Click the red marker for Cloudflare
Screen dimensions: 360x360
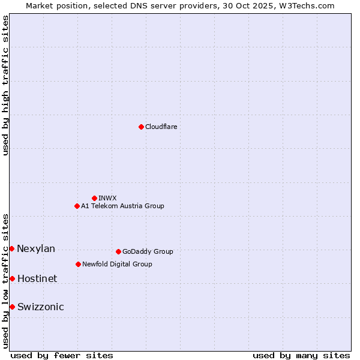(141, 127)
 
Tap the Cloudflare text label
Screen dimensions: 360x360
(161, 127)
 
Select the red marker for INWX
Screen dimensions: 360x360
(94, 198)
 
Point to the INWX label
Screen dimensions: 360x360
(107, 198)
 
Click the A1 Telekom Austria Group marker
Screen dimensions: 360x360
(77, 206)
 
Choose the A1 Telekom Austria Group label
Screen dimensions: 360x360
(122, 206)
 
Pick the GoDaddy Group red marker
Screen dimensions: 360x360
(118, 251)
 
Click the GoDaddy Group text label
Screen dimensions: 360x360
(148, 251)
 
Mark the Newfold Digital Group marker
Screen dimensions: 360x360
(78, 264)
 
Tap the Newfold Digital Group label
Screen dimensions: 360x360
(117, 264)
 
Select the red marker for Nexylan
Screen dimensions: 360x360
(11, 248)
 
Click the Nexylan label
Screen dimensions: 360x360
(36, 249)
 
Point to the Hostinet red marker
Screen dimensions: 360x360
(12, 278)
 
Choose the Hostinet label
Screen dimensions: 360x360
(37, 278)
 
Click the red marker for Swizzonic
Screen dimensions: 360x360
(12, 307)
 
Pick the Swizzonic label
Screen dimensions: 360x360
(40, 307)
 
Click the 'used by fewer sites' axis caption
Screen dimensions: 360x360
(62, 355)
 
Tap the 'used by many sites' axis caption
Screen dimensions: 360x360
(301, 355)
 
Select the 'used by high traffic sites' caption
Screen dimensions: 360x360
(5, 85)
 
